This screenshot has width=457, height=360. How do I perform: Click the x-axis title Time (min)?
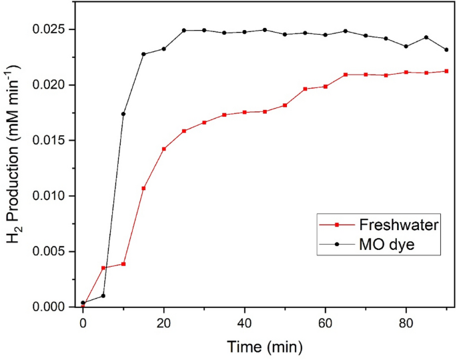[264, 347]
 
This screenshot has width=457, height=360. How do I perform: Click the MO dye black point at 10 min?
[123, 114]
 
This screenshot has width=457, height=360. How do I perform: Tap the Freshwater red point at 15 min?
[143, 189]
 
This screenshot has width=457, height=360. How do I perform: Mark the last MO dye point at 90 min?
[446, 50]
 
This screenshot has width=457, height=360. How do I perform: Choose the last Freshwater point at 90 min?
[446, 71]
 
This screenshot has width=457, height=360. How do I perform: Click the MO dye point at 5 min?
[103, 295]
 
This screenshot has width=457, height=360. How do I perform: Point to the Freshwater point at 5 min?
[103, 268]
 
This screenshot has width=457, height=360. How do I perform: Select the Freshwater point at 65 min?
[346, 75]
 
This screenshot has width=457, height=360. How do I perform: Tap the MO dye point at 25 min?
[184, 30]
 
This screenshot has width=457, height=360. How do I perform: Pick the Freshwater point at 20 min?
[164, 149]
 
